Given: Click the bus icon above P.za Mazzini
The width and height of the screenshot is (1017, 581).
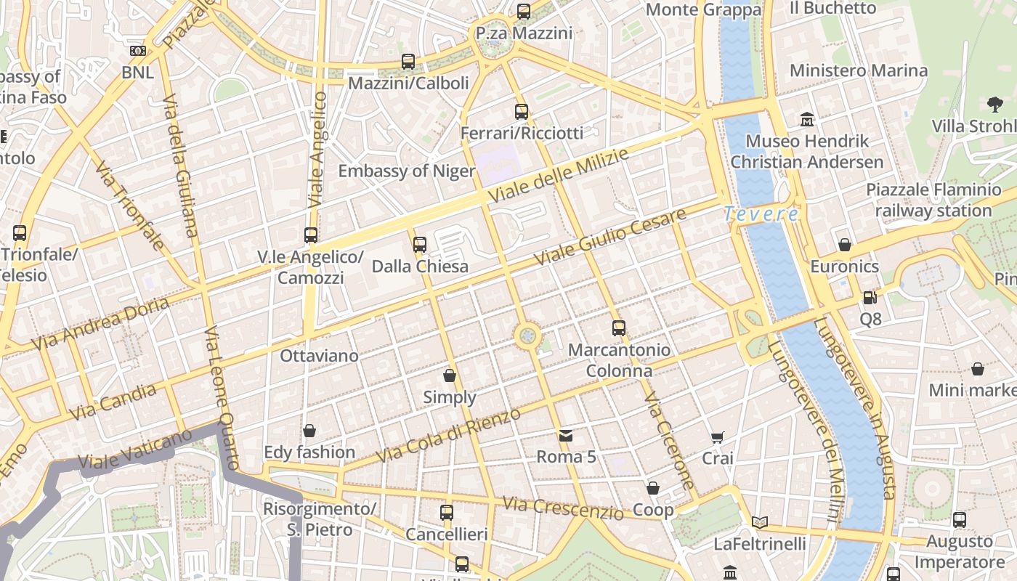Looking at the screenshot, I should (x=523, y=12).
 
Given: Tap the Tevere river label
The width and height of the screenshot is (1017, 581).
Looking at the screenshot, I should (x=761, y=214).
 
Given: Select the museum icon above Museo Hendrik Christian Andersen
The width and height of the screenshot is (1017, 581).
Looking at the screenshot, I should (x=807, y=119).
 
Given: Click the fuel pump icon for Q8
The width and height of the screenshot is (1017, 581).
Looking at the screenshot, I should (x=870, y=297).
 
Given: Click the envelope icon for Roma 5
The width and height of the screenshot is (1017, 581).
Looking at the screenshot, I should (x=566, y=436).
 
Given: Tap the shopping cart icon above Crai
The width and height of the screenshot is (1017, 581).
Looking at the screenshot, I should (x=718, y=437).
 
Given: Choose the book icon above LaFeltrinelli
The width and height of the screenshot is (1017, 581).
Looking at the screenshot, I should (x=760, y=522).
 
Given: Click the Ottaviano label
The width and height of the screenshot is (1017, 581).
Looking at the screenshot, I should (x=320, y=356).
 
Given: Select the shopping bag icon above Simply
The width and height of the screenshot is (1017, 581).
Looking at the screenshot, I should (x=450, y=375).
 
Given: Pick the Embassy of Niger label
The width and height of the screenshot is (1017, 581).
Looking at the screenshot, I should (x=407, y=171).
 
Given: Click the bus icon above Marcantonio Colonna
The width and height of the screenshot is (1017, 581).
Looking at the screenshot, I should (x=618, y=328).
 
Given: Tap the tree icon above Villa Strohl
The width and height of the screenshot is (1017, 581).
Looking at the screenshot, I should (x=995, y=105).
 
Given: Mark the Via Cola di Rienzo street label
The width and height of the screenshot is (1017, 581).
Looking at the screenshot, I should (x=448, y=436).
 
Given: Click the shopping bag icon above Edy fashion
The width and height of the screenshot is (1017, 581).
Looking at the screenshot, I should (x=309, y=431).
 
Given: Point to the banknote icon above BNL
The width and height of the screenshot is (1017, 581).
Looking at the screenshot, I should (x=137, y=51).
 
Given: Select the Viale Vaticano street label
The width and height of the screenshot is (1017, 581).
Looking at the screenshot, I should (x=135, y=450).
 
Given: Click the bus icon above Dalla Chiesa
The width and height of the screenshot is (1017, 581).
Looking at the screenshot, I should (x=420, y=245).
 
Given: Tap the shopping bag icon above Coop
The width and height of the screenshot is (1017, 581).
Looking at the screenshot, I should (x=653, y=489).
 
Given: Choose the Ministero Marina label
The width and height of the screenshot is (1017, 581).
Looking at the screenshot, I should (x=859, y=70).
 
